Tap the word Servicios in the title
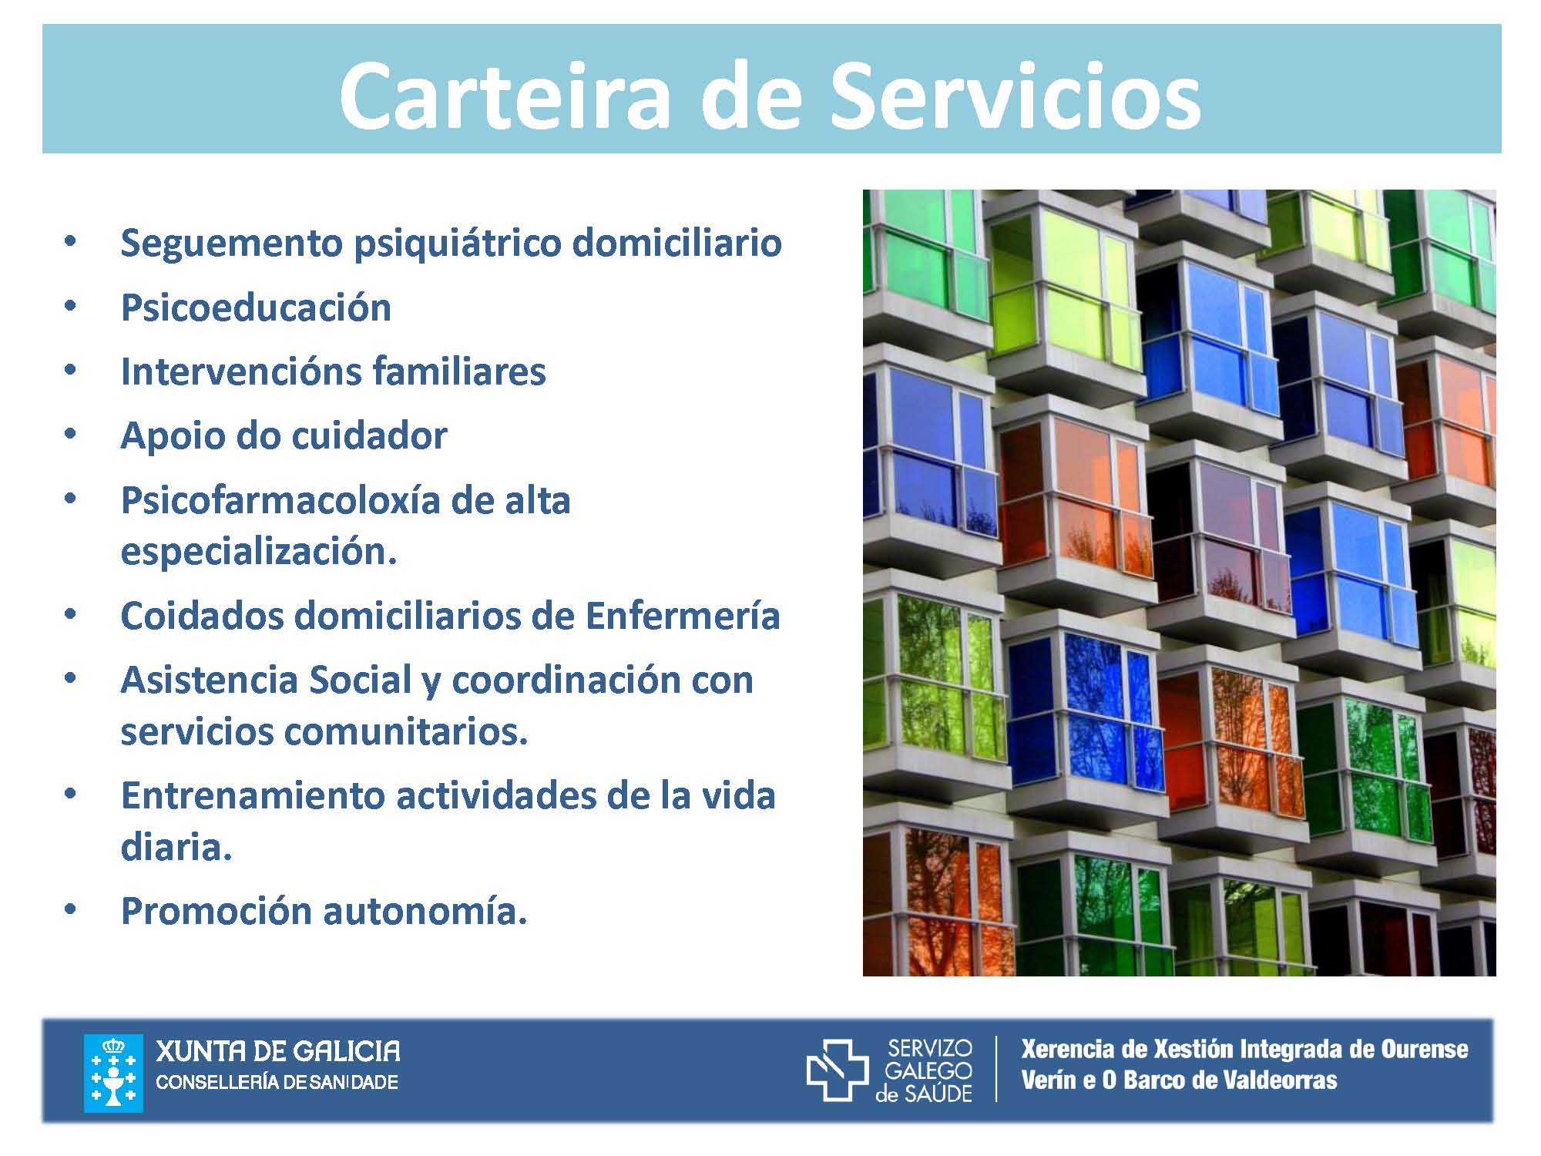(1016, 96)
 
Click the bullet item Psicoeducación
(256, 307)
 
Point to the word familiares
(459, 371)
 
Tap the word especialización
(259, 552)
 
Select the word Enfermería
(682, 616)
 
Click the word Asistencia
(210, 680)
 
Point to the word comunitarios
(406, 731)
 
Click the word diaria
(176, 847)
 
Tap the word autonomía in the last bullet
(425, 912)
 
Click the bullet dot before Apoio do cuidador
(71, 435)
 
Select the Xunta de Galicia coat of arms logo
(113, 1074)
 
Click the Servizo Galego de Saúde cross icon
(838, 1070)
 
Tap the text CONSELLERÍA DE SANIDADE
(277, 1082)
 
